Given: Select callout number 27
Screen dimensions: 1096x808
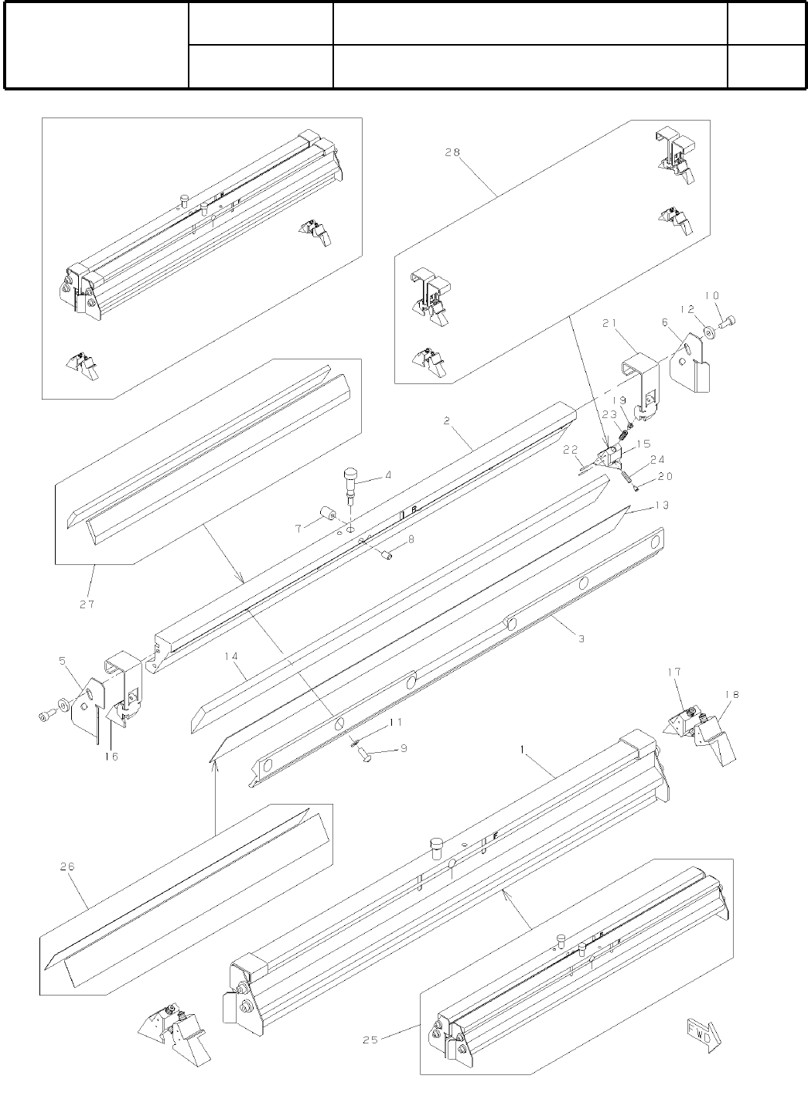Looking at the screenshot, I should tap(87, 604).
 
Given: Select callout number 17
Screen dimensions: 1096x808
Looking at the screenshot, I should tap(673, 673).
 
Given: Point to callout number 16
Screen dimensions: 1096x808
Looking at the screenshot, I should tap(111, 756).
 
